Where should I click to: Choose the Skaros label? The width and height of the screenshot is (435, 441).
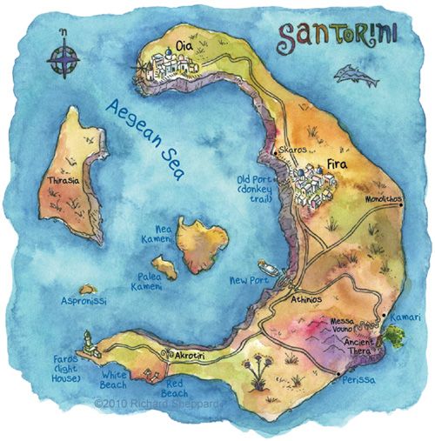coord(292,150)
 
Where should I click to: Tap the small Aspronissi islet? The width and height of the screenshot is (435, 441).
coord(87,289)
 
